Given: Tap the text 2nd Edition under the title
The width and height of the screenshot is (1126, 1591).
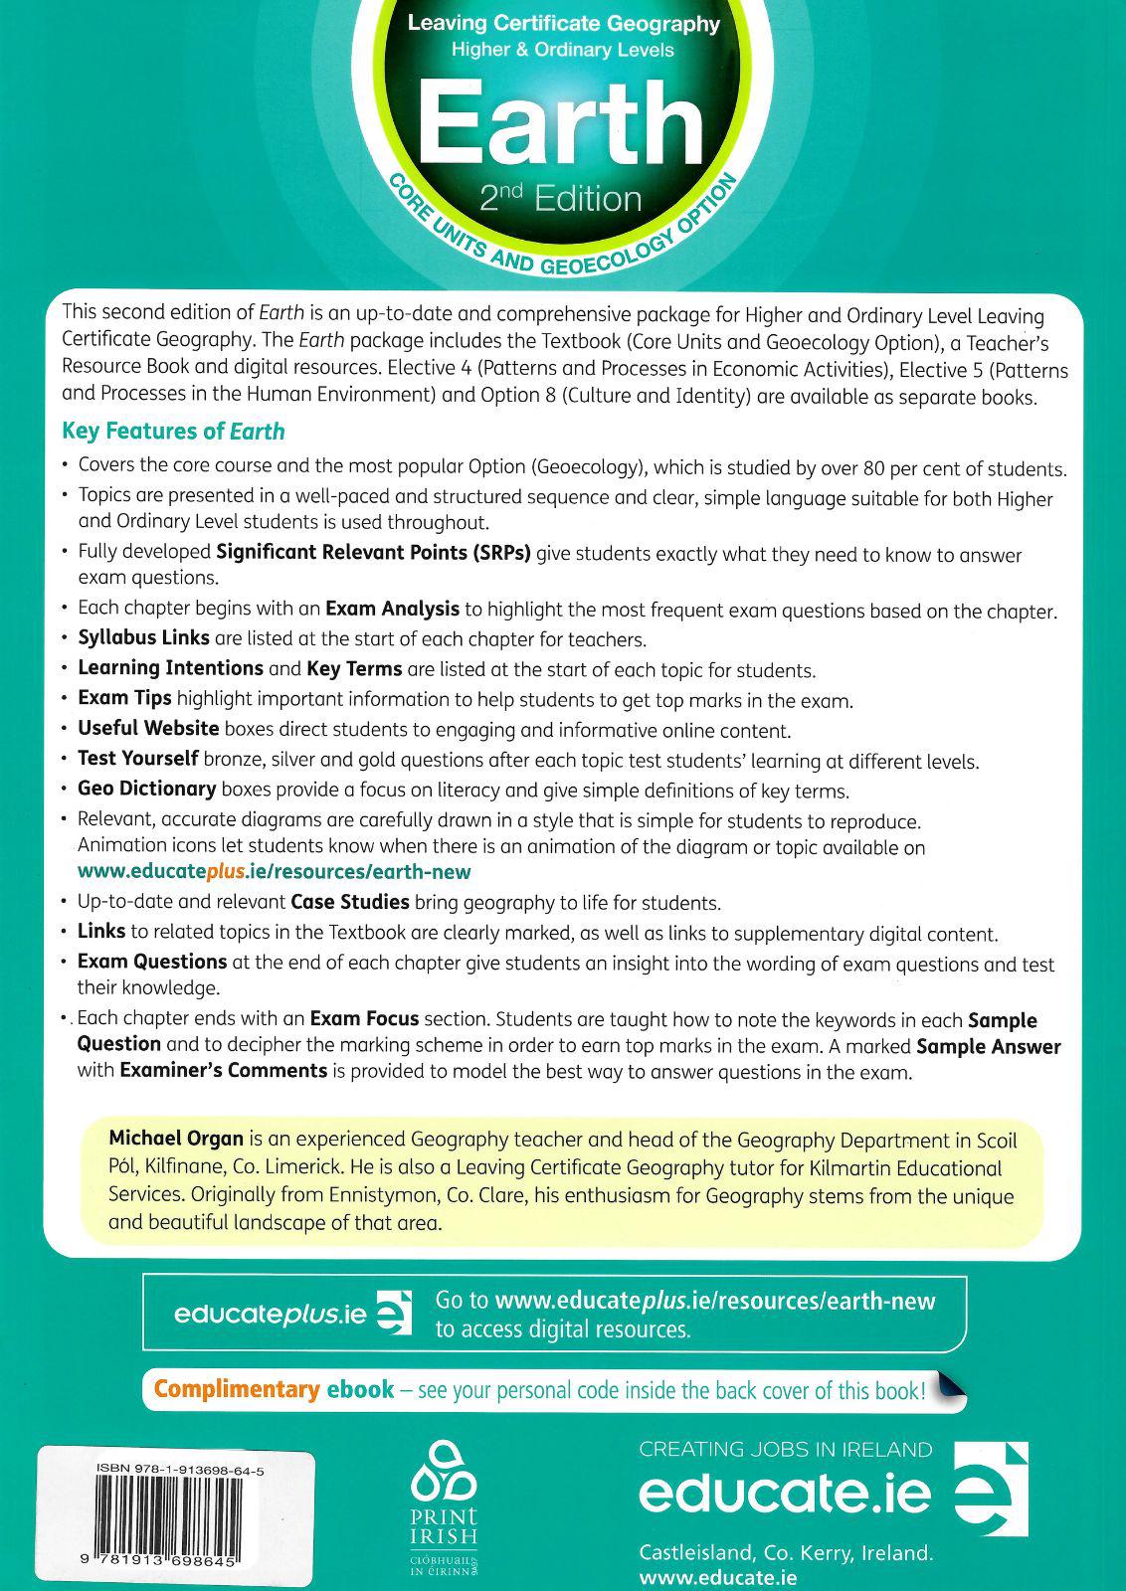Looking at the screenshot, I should [x=560, y=199].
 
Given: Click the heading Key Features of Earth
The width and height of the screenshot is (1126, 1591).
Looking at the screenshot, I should [x=173, y=432].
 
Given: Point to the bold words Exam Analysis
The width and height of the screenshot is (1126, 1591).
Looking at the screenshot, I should [x=392, y=609].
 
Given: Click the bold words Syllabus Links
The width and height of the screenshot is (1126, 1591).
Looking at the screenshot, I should [x=143, y=637].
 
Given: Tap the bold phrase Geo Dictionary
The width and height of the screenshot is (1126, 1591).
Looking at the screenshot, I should [x=146, y=790].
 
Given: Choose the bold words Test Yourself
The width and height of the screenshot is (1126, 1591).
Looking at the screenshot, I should [x=137, y=760].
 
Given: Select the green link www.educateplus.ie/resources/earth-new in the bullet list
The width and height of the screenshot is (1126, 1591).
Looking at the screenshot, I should [x=274, y=871].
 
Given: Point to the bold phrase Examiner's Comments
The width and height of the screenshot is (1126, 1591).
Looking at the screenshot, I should [x=223, y=1071].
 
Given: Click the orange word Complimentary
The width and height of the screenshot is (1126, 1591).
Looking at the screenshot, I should [x=236, y=1389].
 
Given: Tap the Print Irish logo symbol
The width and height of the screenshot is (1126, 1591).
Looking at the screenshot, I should [x=444, y=1479].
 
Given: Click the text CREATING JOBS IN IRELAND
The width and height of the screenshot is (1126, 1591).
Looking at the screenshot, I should [x=785, y=1450].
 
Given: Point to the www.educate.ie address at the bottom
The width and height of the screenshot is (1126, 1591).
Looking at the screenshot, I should [x=717, y=1577].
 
